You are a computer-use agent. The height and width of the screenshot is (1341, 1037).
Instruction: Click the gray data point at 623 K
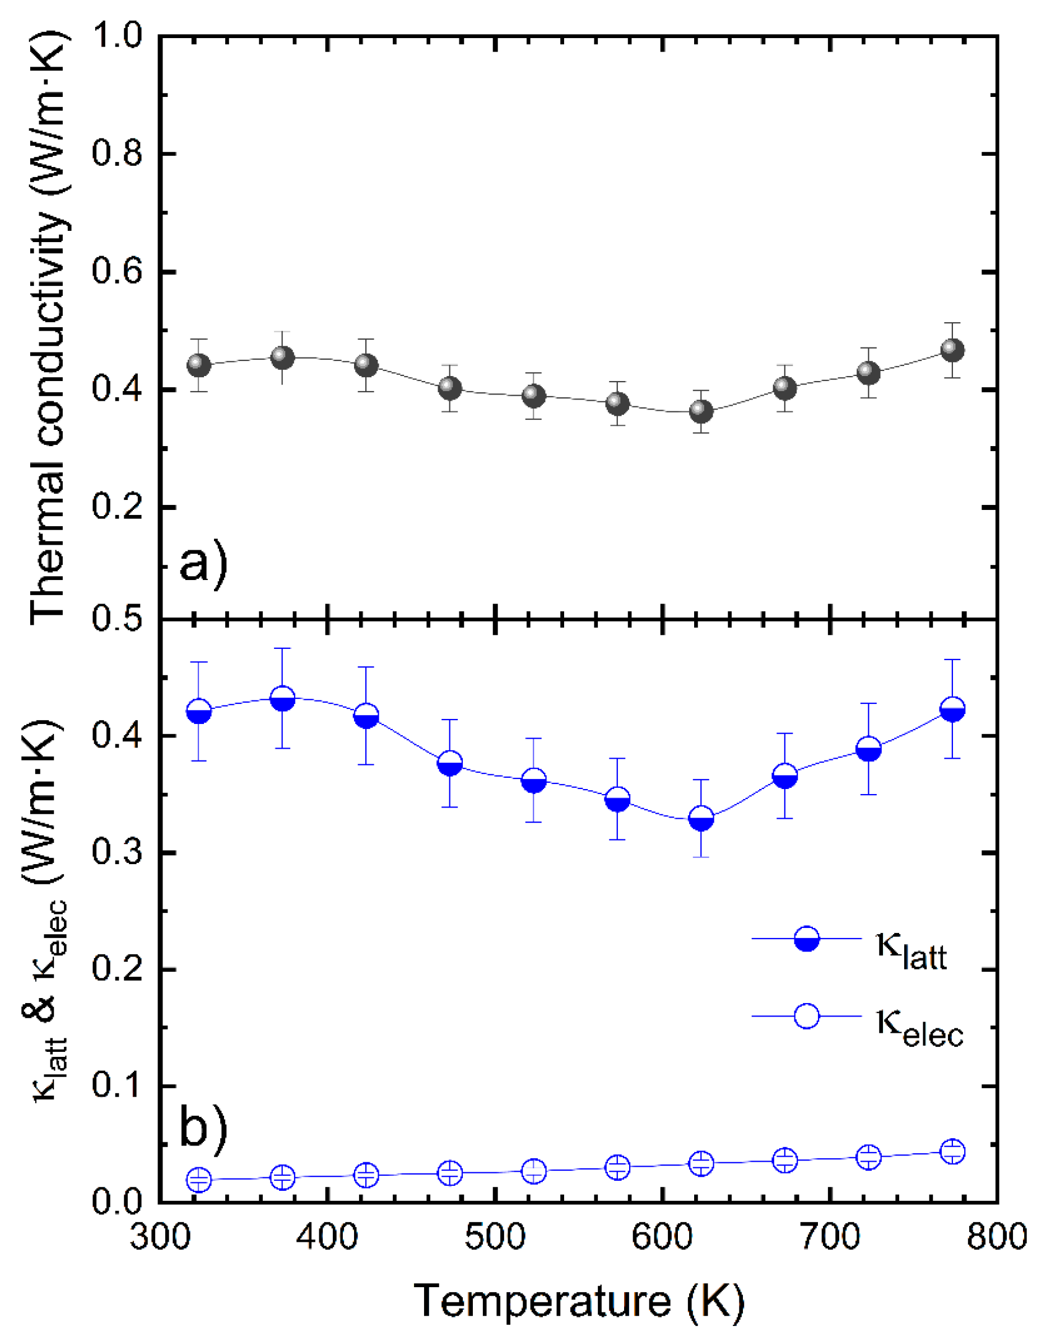click(x=701, y=411)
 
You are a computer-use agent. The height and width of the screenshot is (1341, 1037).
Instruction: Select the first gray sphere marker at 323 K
click(x=198, y=365)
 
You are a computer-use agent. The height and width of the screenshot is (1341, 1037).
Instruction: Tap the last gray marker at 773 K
click(x=952, y=350)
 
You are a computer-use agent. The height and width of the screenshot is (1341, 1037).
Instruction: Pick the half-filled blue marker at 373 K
click(x=282, y=699)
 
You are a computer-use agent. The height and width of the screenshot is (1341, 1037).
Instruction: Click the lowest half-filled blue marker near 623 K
click(x=701, y=819)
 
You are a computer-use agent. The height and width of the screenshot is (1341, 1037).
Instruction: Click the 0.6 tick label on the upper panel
click(x=117, y=271)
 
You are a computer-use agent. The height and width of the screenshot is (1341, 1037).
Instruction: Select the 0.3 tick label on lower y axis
click(x=117, y=853)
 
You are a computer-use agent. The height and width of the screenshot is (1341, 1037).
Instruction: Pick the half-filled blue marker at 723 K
click(x=868, y=749)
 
